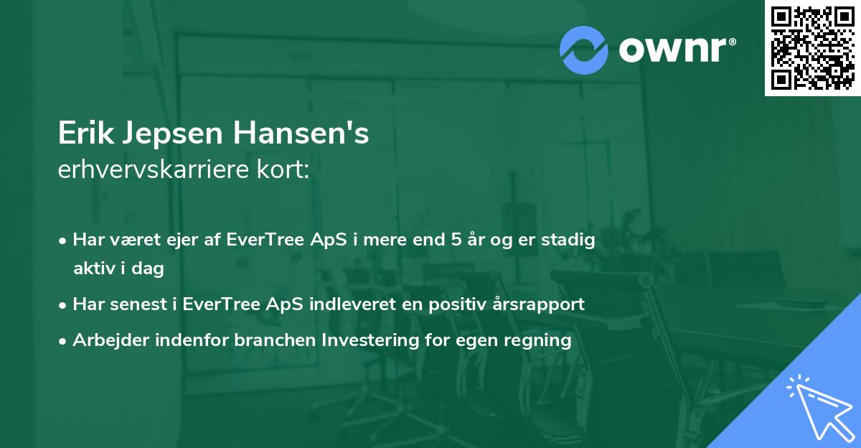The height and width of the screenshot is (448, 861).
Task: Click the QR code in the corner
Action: [x=812, y=47]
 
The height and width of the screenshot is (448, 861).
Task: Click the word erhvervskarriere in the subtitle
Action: [x=149, y=171]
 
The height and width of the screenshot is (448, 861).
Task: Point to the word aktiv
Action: [x=97, y=269]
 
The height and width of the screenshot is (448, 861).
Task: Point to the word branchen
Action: [x=268, y=340]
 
